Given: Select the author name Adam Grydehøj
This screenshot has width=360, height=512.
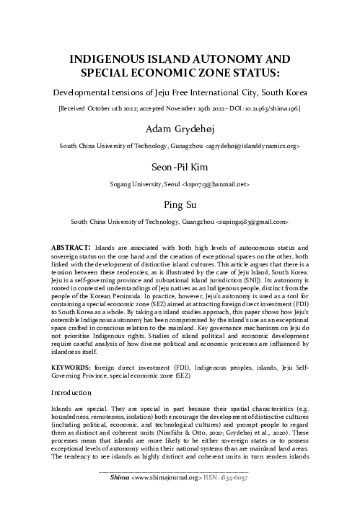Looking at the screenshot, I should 180,129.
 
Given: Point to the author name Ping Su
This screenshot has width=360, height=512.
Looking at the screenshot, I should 180,204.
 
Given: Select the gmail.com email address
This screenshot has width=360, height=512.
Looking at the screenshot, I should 250,220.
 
